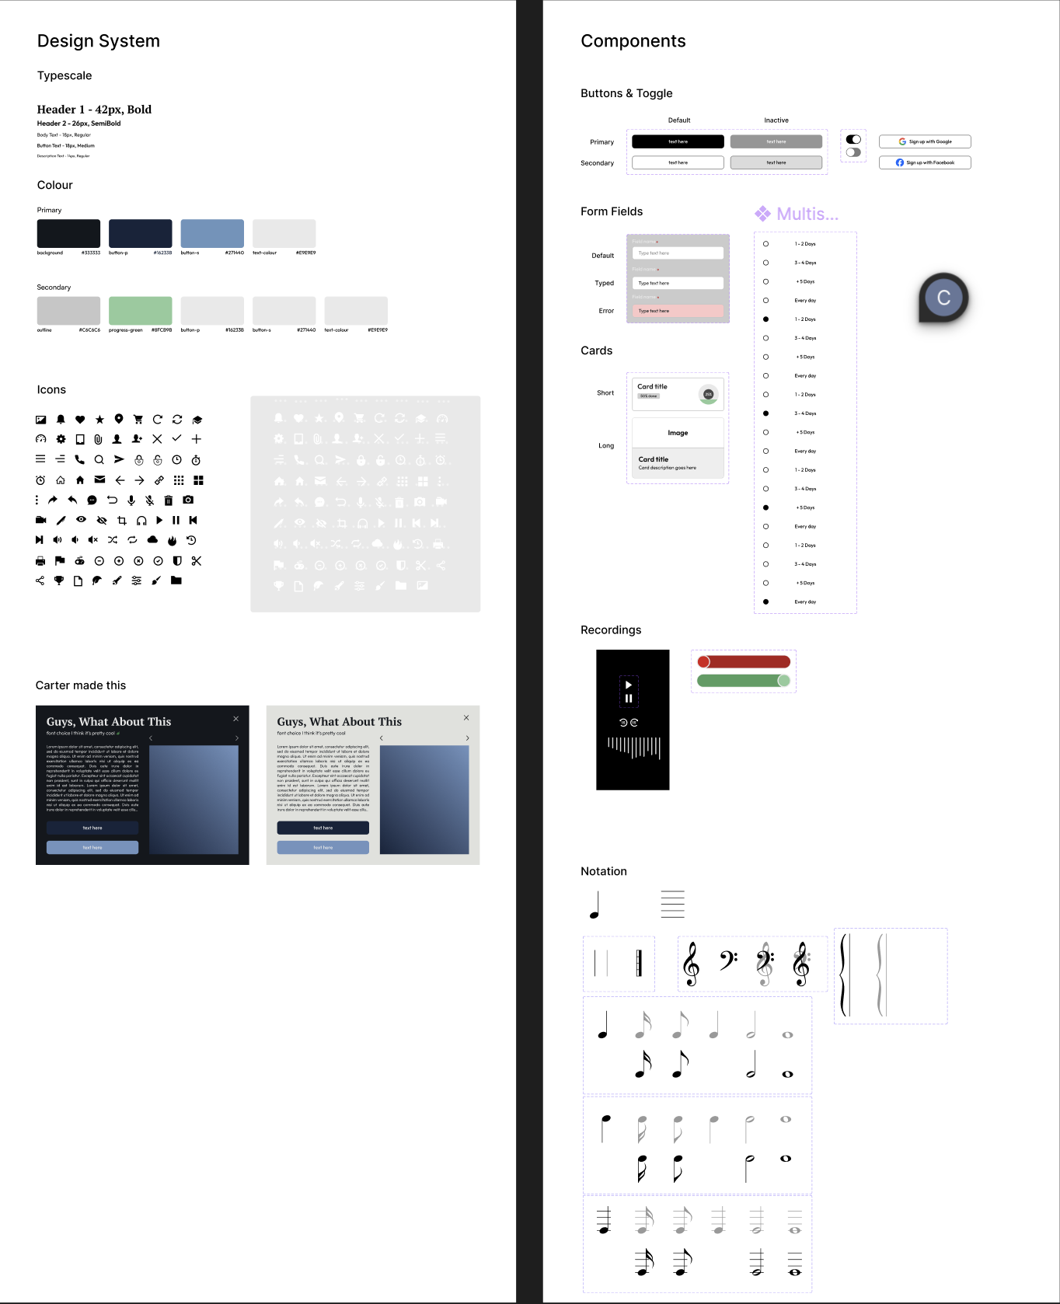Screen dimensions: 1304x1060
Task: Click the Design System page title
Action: pyautogui.click(x=99, y=41)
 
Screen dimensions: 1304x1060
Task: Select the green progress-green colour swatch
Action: pyautogui.click(x=140, y=310)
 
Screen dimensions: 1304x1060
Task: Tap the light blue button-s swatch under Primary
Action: pyautogui.click(x=212, y=233)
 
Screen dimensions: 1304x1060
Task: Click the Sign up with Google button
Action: pyautogui.click(x=925, y=141)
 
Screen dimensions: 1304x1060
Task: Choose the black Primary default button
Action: pyautogui.click(x=678, y=141)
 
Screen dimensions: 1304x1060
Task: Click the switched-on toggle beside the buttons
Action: pyautogui.click(x=853, y=139)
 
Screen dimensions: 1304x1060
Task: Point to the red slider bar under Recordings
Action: pyautogui.click(x=744, y=662)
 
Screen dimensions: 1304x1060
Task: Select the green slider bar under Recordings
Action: pyautogui.click(x=744, y=681)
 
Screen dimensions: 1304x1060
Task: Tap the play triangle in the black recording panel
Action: pyautogui.click(x=629, y=685)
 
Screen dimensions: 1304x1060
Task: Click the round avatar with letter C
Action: pyautogui.click(x=943, y=298)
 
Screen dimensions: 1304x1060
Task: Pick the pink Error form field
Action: pyautogui.click(x=678, y=311)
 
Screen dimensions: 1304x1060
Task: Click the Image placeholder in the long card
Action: pyautogui.click(x=678, y=433)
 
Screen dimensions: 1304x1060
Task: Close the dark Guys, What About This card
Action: pyautogui.click(x=236, y=719)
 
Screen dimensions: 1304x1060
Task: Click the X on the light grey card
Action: pyautogui.click(x=466, y=718)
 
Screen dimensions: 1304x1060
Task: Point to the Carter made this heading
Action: pyautogui.click(x=81, y=685)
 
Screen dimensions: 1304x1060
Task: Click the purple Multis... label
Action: pyautogui.click(x=807, y=214)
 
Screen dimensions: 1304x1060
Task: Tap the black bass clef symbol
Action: pyautogui.click(x=727, y=961)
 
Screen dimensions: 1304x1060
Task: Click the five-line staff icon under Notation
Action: pyautogui.click(x=672, y=904)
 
